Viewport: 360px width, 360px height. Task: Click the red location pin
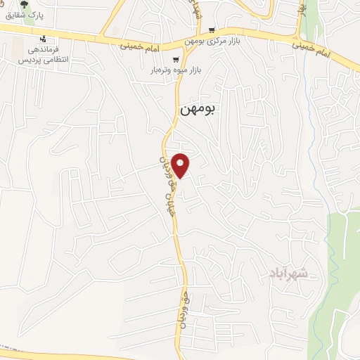click(181, 166)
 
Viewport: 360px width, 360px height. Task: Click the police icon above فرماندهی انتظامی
click(46, 39)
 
